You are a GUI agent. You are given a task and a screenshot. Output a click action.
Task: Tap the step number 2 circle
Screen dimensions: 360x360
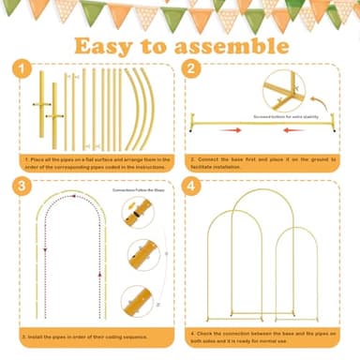click(x=194, y=69)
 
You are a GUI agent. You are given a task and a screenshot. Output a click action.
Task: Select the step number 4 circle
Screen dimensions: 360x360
click(x=194, y=186)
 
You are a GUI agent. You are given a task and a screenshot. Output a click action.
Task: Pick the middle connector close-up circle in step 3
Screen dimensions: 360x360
click(x=142, y=254)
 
